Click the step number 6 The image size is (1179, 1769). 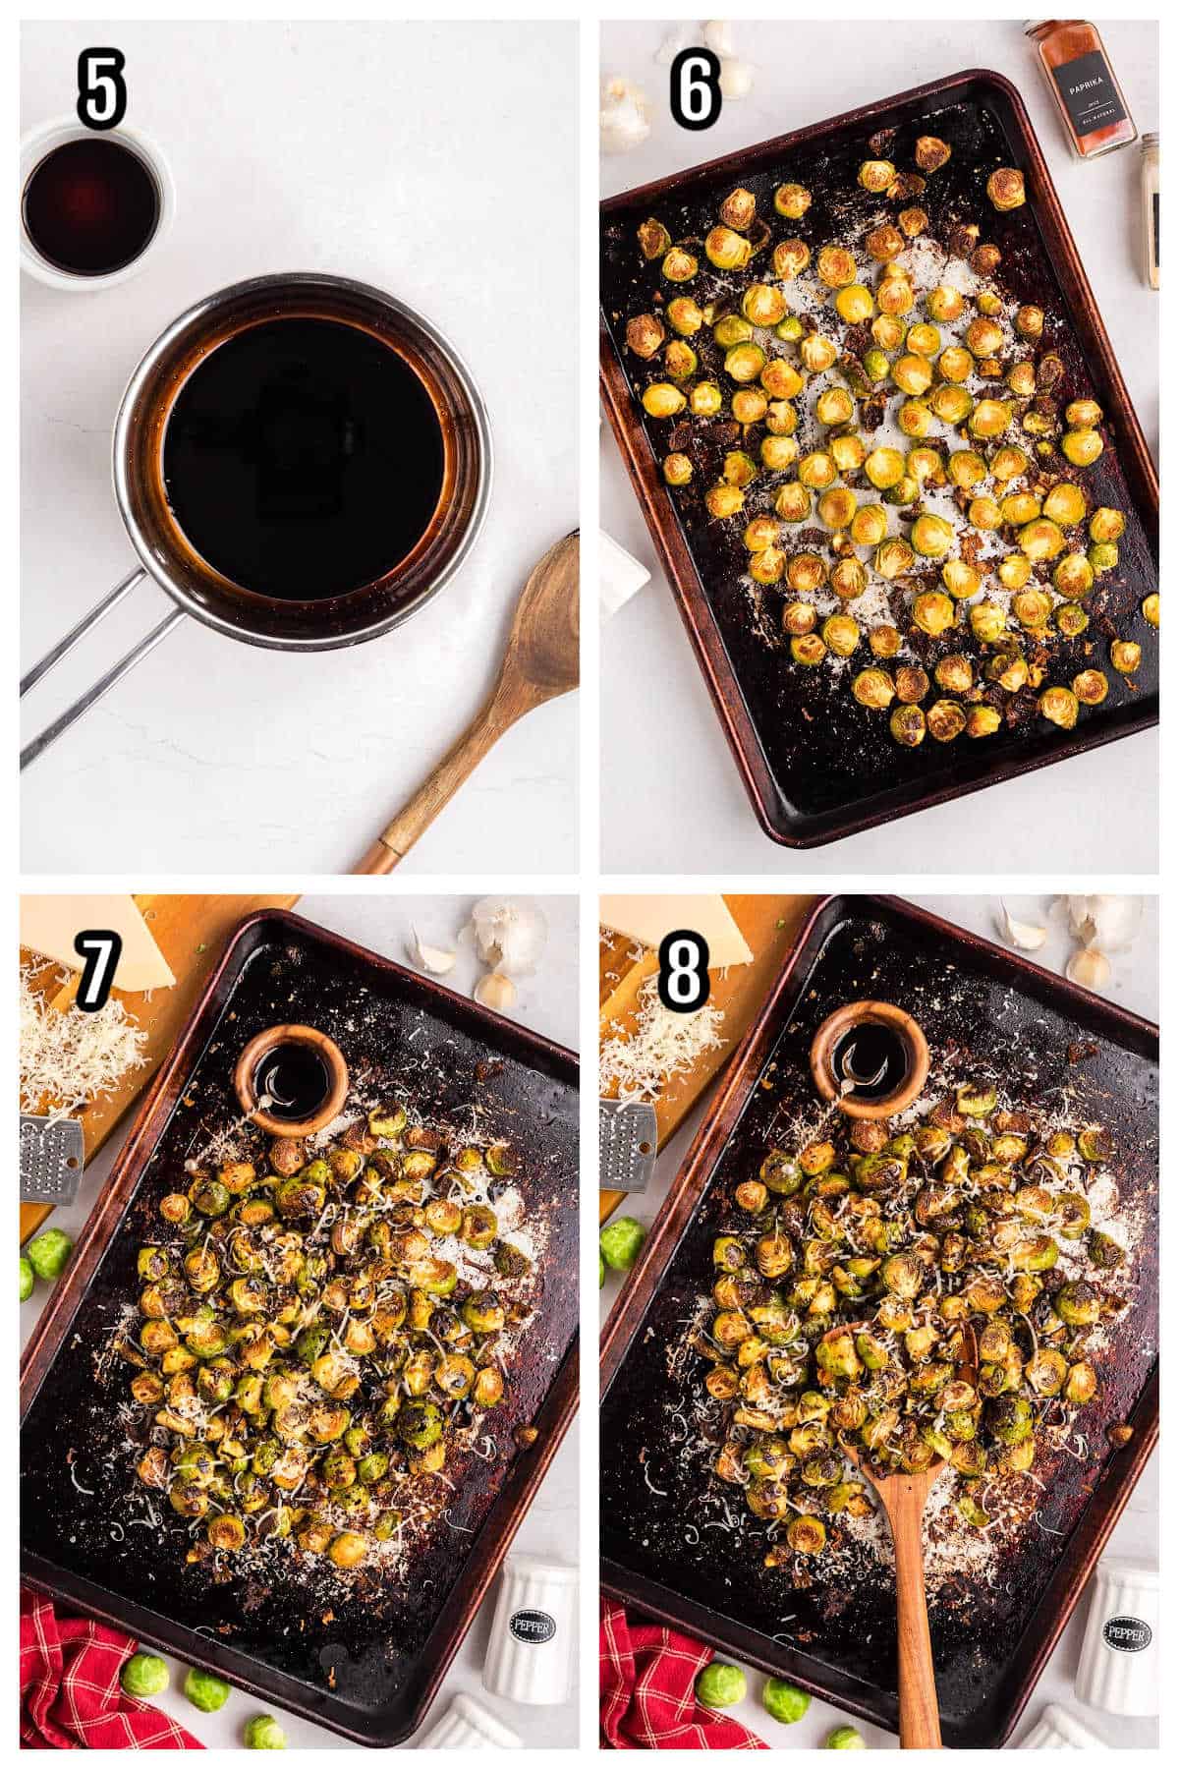tap(695, 90)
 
